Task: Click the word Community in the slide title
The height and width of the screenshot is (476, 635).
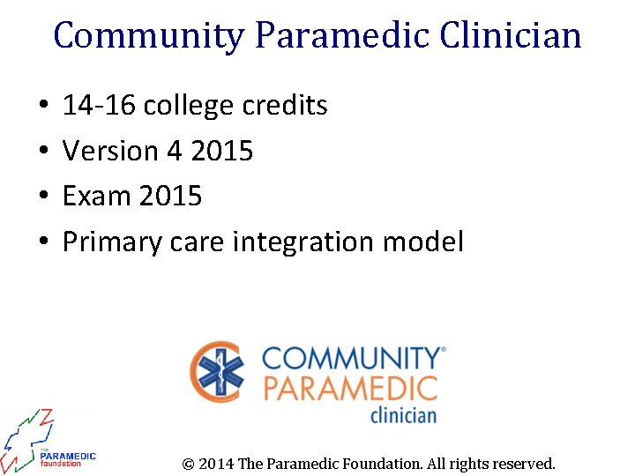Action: (148, 36)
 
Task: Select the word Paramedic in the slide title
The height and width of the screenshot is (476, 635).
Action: (340, 36)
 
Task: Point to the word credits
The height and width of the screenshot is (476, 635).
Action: (283, 106)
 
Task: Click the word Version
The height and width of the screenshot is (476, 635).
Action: (109, 152)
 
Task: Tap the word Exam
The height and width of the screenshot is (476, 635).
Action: (95, 196)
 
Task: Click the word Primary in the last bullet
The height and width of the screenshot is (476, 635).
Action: (109, 242)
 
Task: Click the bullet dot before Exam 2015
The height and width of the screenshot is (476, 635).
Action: (43, 197)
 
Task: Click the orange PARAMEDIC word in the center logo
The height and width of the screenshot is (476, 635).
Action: (350, 388)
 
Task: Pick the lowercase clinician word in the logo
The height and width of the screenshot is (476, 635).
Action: (402, 413)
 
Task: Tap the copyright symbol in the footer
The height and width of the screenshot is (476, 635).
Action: (188, 464)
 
